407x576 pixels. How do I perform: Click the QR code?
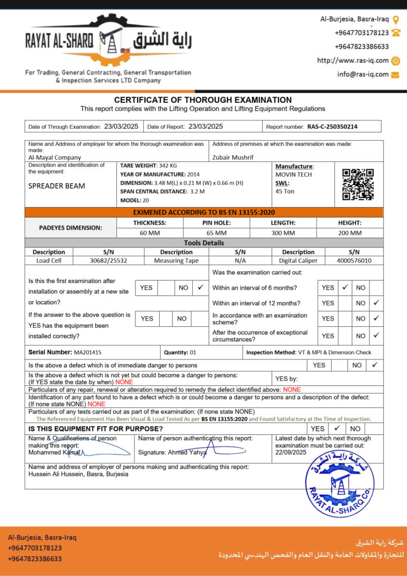[x=358, y=184]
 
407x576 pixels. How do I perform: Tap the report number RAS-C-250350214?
[x=332, y=127]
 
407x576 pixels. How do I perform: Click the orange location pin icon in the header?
[x=396, y=19]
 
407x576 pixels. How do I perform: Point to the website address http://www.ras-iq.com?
[x=352, y=60]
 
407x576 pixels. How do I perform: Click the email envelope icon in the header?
[x=395, y=74]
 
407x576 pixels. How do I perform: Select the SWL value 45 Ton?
[x=286, y=191]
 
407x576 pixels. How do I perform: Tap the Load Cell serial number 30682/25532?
[x=108, y=260]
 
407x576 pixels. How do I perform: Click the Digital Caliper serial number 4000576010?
[x=353, y=260]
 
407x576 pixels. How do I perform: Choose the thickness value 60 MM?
[x=150, y=232]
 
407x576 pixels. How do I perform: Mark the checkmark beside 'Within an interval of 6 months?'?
[x=345, y=287]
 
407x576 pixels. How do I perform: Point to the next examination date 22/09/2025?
[x=291, y=452]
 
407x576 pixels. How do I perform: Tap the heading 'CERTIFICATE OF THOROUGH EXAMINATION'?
[x=203, y=100]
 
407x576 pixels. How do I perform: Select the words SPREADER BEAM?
[x=57, y=186]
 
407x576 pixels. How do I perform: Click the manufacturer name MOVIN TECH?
[x=293, y=174]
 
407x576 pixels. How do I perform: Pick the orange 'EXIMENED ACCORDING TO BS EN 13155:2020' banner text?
[x=203, y=213]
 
